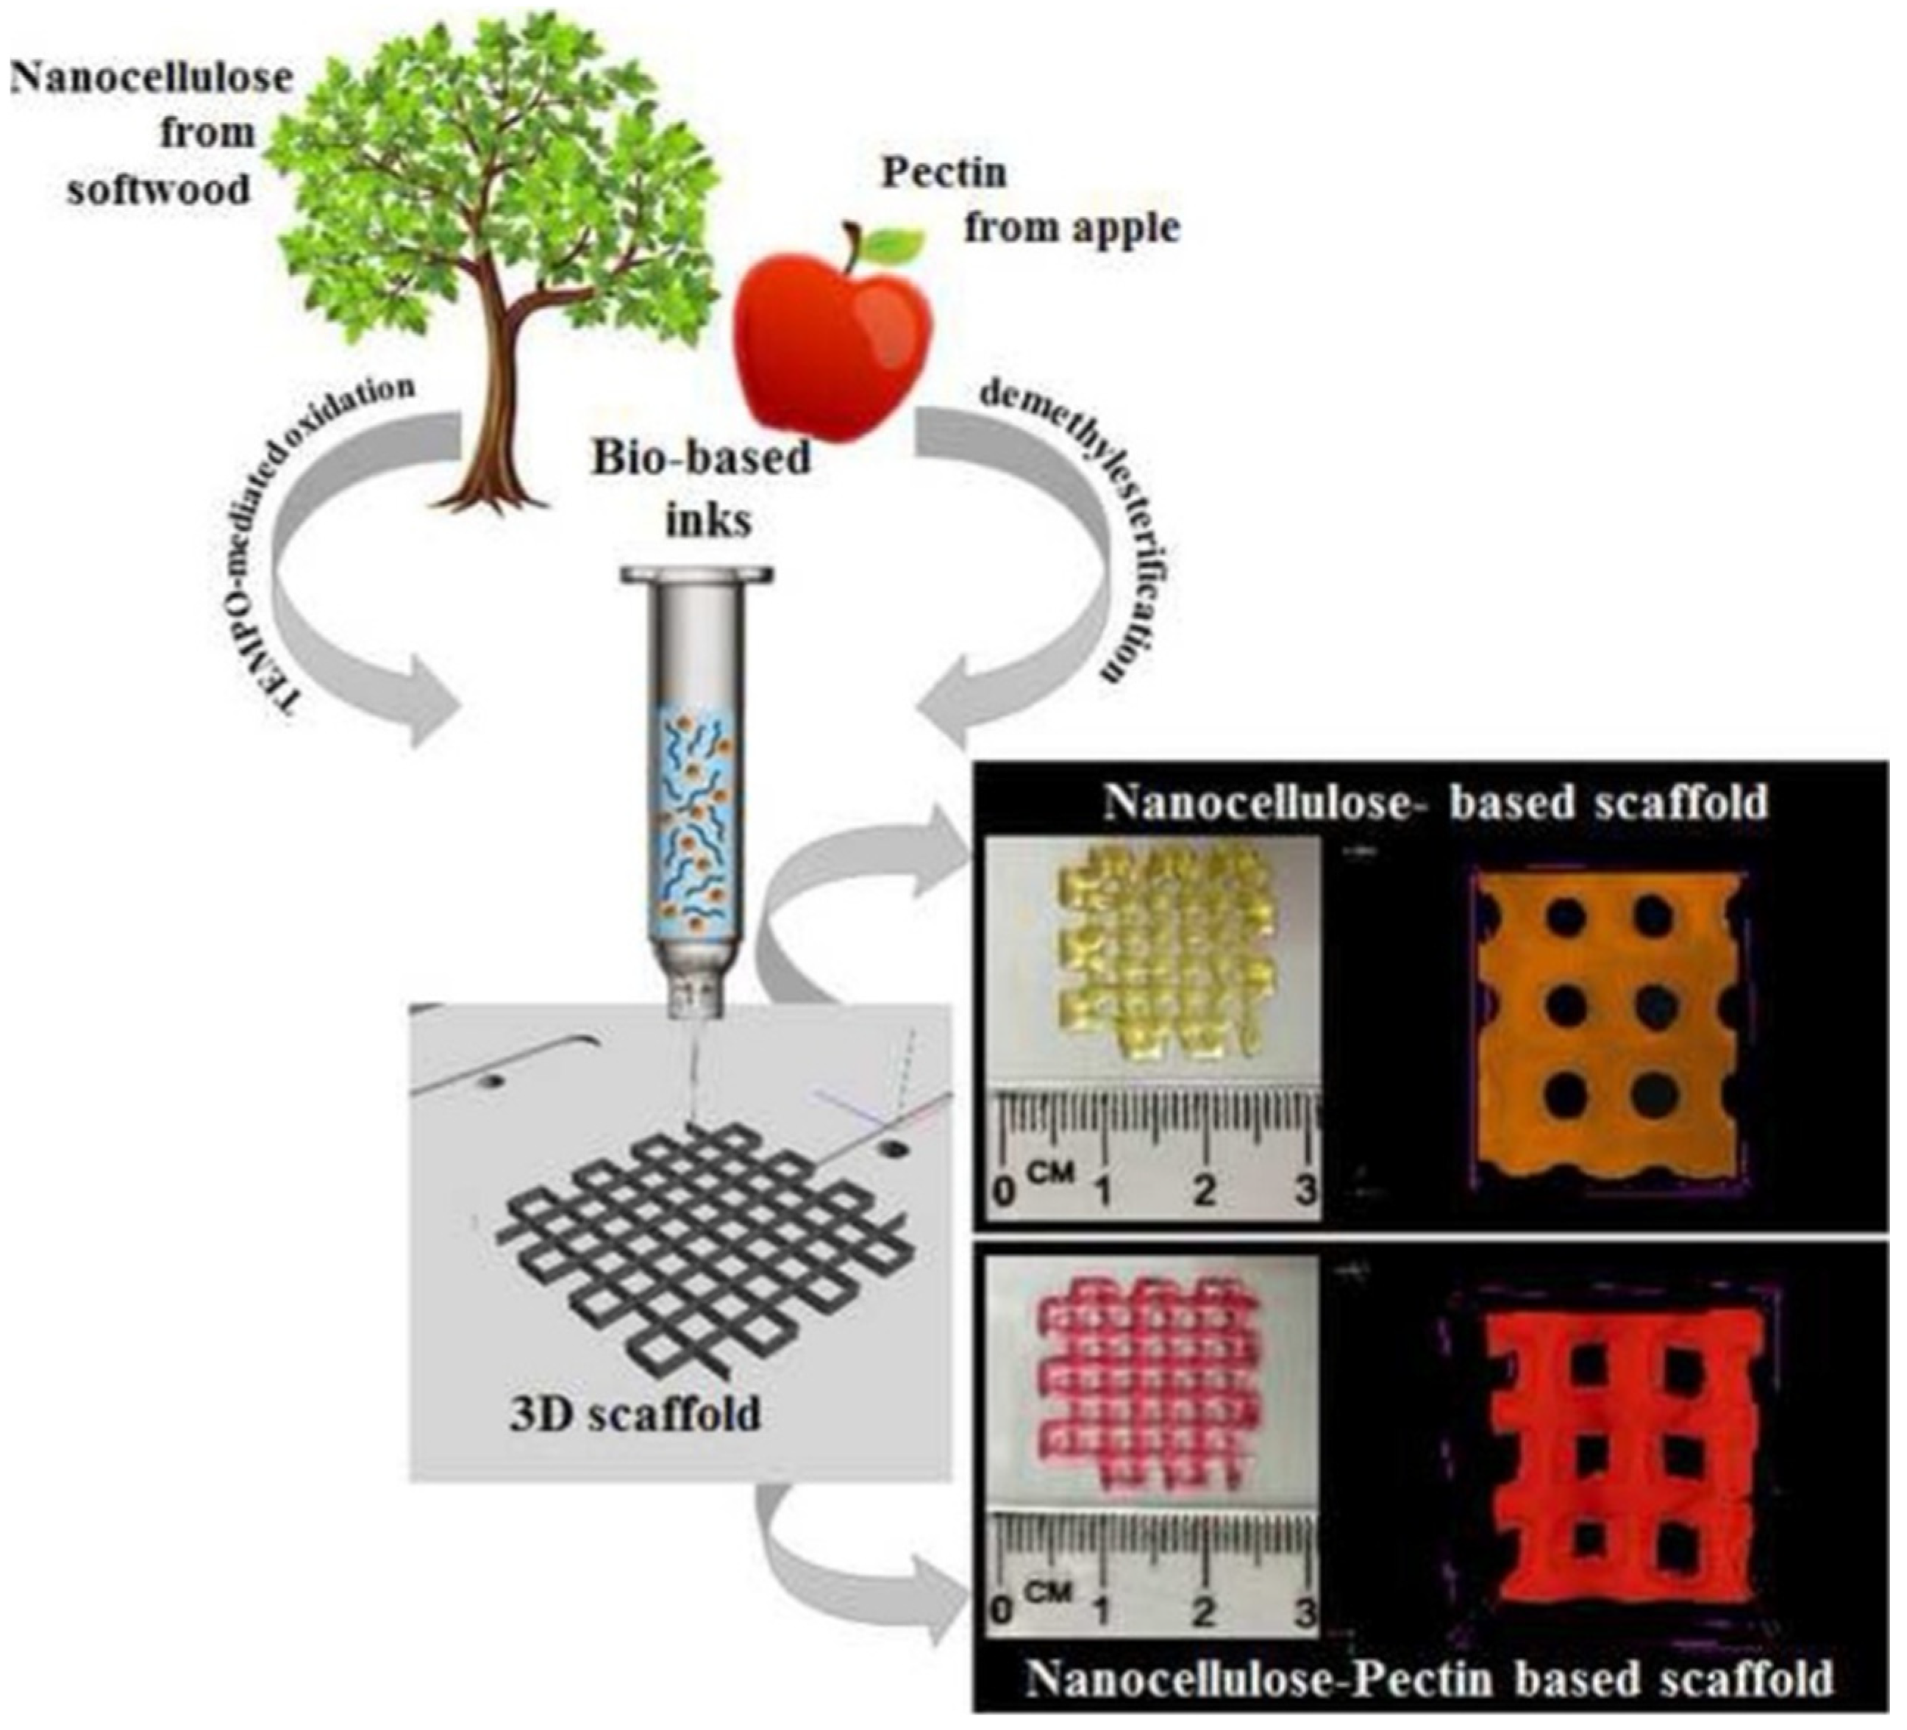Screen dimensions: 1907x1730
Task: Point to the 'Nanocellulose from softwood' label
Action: [x=152, y=132]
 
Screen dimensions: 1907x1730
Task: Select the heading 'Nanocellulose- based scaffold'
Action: [x=1435, y=802]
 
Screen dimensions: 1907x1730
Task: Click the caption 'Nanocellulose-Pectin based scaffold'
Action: [x=1429, y=1679]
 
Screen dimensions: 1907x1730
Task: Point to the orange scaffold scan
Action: [x=1608, y=1031]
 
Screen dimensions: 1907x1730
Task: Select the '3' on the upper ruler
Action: [x=1305, y=1190]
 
